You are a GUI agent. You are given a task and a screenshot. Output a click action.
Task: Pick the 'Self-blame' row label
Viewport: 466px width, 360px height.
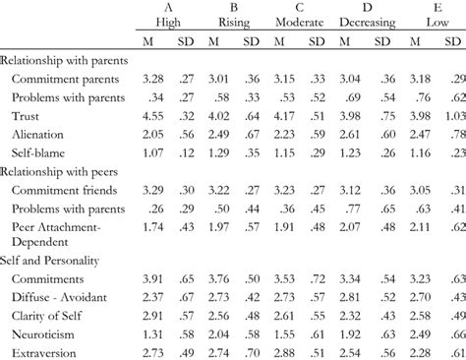(44, 151)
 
